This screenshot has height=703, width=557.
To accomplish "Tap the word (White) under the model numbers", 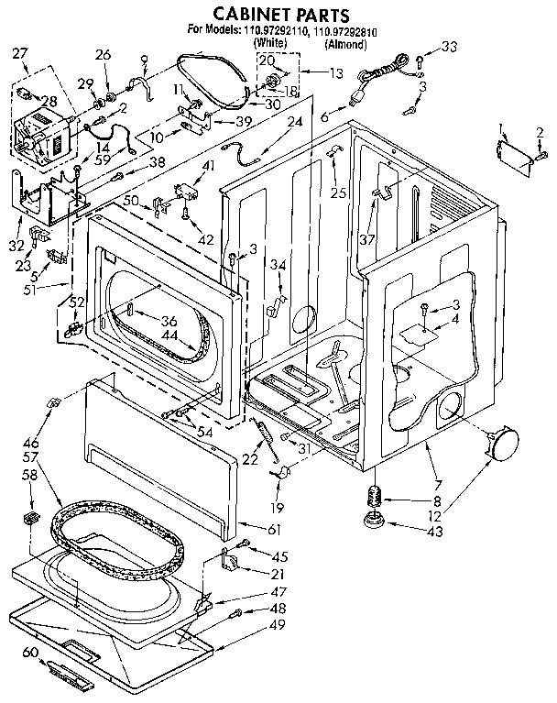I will [270, 43].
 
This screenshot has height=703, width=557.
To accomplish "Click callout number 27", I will [19, 54].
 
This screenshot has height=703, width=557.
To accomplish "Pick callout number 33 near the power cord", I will [448, 47].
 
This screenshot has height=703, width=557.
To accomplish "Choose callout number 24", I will [295, 122].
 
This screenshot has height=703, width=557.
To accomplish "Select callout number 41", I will [208, 166].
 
